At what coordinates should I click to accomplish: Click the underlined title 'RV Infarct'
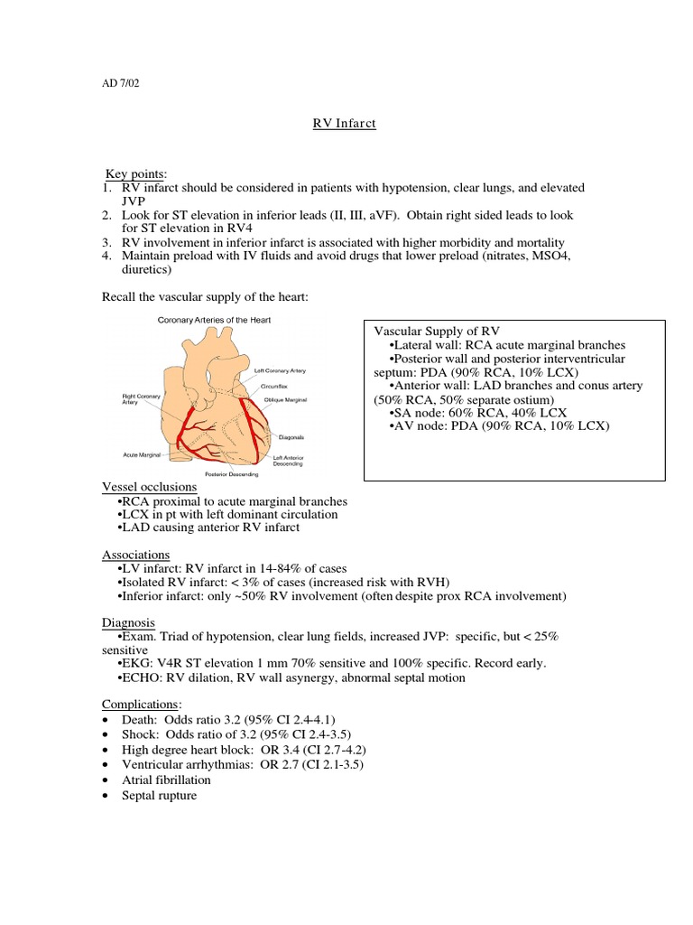pyautogui.click(x=337, y=124)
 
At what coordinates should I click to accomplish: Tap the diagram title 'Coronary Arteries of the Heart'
pyautogui.click(x=213, y=320)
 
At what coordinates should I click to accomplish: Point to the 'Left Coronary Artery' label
pyautogui.click(x=284, y=370)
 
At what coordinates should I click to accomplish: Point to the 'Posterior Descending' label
pyautogui.click(x=231, y=474)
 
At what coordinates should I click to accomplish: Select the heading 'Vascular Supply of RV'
pyautogui.click(x=437, y=331)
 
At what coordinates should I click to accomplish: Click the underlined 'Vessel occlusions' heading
pyautogui.click(x=149, y=487)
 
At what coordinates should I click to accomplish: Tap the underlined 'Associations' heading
pyautogui.click(x=135, y=554)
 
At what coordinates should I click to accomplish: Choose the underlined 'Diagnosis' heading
pyautogui.click(x=128, y=622)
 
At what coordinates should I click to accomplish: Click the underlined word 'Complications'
pyautogui.click(x=141, y=704)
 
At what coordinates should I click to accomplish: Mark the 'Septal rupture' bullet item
pyautogui.click(x=159, y=796)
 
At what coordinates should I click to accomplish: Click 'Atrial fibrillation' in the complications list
pyautogui.click(x=166, y=780)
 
